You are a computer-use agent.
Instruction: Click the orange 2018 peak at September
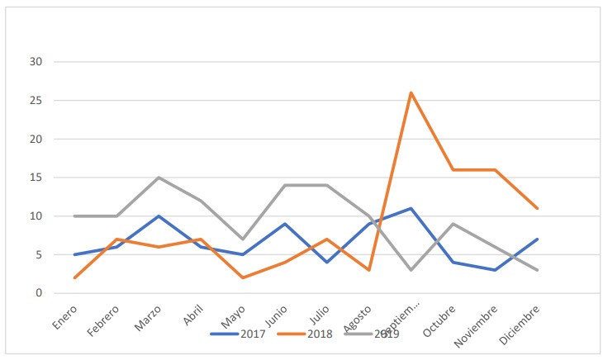pyautogui.click(x=411, y=92)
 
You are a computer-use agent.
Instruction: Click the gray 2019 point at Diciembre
pyautogui.click(x=538, y=270)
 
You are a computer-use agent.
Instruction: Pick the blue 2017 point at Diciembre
pyautogui.click(x=538, y=239)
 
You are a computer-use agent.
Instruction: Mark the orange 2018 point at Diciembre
pyautogui.click(x=538, y=208)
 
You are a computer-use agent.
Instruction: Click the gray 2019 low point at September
pyautogui.click(x=411, y=270)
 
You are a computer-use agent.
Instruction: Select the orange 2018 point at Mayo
pyautogui.click(x=242, y=277)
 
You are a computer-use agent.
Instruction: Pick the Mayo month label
pyautogui.click(x=234, y=315)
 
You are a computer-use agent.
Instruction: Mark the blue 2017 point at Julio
pyautogui.click(x=326, y=263)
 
